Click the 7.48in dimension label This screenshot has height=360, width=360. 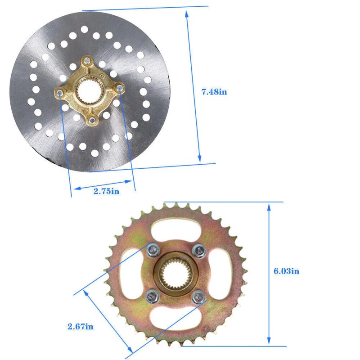pos(214,92)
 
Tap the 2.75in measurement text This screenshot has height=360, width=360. pos(106,191)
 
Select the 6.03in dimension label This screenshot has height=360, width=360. pos(287,271)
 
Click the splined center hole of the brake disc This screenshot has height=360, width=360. pos(90,91)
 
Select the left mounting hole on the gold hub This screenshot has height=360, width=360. pos(60,93)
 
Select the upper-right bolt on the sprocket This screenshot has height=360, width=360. pos(198,249)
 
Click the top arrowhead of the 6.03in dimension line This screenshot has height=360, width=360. pos(269,206)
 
